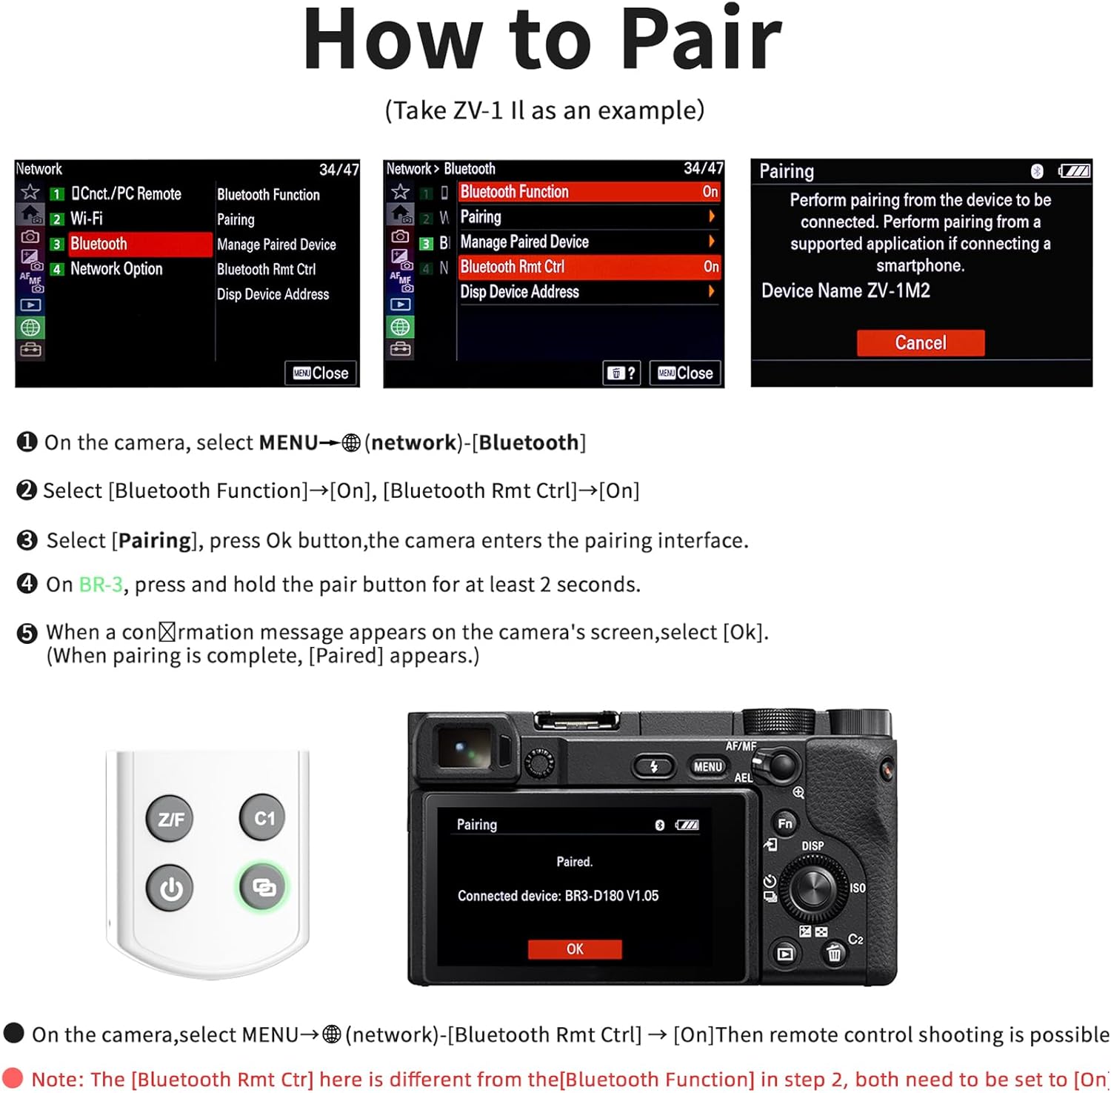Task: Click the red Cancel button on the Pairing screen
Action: point(920,343)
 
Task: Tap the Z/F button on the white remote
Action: point(170,819)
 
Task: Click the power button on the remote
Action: point(170,888)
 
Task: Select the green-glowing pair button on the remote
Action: point(264,886)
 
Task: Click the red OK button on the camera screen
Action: point(575,949)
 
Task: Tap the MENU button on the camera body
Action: point(707,767)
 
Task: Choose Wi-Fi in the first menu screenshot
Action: point(87,219)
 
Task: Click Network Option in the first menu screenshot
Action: point(116,269)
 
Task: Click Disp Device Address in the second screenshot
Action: point(519,292)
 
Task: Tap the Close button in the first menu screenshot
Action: point(321,373)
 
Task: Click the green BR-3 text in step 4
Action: point(101,585)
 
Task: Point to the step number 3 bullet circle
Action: point(27,540)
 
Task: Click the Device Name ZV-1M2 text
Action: point(846,290)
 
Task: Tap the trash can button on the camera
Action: point(834,953)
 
